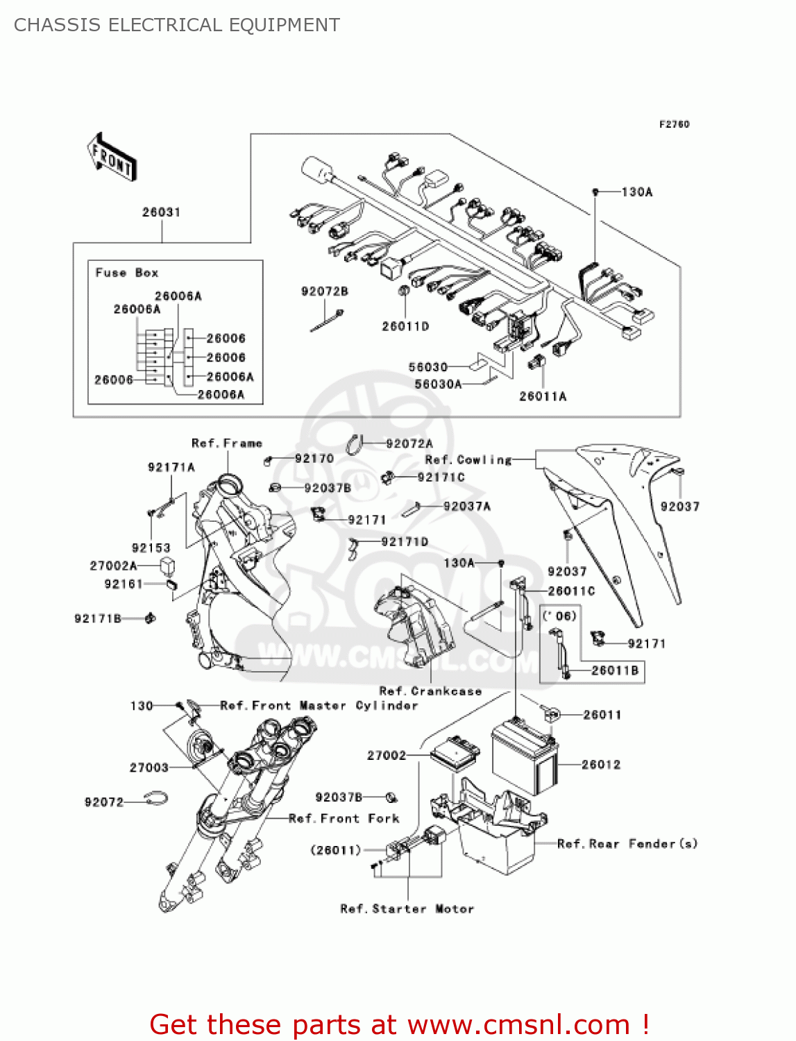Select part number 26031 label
coord(161,212)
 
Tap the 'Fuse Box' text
coord(127,273)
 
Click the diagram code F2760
coord(674,124)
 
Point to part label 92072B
coord(324,291)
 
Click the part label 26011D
coord(405,326)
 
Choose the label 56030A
coord(438,384)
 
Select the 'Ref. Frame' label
coord(227,443)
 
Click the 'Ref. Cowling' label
coord(468,459)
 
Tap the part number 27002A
coord(114,566)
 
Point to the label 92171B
coord(98,618)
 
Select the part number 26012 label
coord(601,765)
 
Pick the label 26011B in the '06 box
coord(615,670)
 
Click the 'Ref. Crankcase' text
coord(430,691)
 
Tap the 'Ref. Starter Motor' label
coord(407,909)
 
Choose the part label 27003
coord(149,768)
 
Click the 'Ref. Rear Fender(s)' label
coord(627,844)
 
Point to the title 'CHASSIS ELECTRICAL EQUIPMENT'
coord(177,25)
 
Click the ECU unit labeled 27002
coord(455,752)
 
